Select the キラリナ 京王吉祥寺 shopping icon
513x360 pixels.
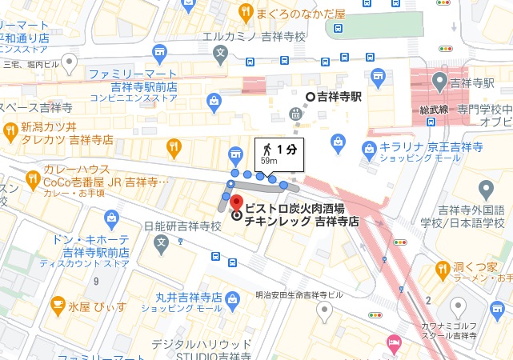point(370,147)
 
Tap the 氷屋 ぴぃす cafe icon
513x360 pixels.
point(58,304)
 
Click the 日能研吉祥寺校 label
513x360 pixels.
point(182,226)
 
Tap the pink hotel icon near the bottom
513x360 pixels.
point(393,342)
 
